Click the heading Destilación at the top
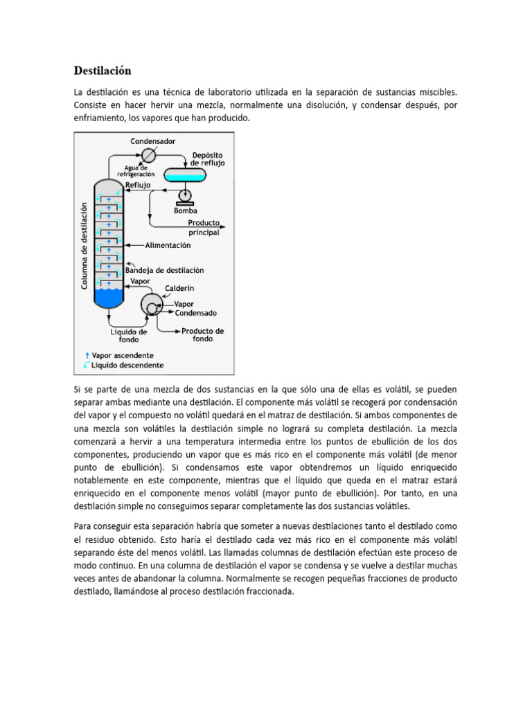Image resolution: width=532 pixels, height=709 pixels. pos(103,71)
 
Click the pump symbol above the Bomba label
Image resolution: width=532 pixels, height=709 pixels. pos(185,196)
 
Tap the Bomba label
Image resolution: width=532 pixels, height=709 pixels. pos(185,210)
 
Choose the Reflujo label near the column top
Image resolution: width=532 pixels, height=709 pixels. pos(138,185)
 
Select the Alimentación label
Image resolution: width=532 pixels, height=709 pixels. pos(168,245)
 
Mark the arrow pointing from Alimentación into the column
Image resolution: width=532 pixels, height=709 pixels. pos(134,245)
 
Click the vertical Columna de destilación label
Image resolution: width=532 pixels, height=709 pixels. pos(85,246)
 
